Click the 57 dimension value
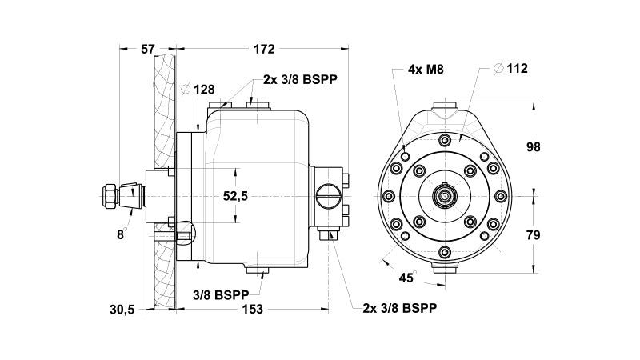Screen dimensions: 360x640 click(x=147, y=49)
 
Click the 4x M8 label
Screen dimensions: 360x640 click(x=425, y=70)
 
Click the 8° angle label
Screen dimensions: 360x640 click(x=121, y=234)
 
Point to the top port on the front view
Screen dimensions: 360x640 click(x=445, y=107)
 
